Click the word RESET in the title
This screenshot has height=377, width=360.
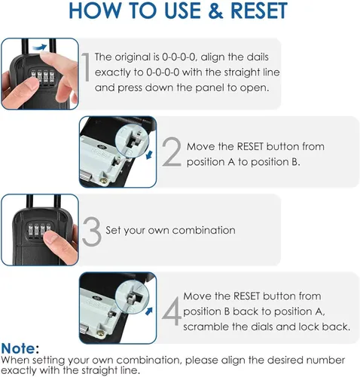[x=259, y=11]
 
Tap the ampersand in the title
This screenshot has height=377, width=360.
[x=215, y=11]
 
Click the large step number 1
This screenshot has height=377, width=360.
[x=86, y=67]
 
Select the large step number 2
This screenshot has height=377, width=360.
[x=172, y=152]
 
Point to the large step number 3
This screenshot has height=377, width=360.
[x=92, y=231]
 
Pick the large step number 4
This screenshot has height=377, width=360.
[x=172, y=311]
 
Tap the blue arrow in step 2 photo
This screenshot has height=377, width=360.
[x=149, y=155]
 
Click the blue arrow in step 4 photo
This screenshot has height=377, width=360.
[x=149, y=311]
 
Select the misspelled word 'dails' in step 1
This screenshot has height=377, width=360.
[x=258, y=57]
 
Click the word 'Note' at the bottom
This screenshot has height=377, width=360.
[x=18, y=348]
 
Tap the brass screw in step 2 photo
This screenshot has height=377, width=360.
[x=104, y=180]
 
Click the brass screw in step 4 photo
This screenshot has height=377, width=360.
[x=101, y=333]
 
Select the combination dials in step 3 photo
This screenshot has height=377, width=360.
[x=39, y=231]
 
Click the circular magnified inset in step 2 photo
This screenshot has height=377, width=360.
[x=132, y=141]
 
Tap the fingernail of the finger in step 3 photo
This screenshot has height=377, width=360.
[x=51, y=238]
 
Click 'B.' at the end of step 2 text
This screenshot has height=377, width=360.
[x=296, y=162]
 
